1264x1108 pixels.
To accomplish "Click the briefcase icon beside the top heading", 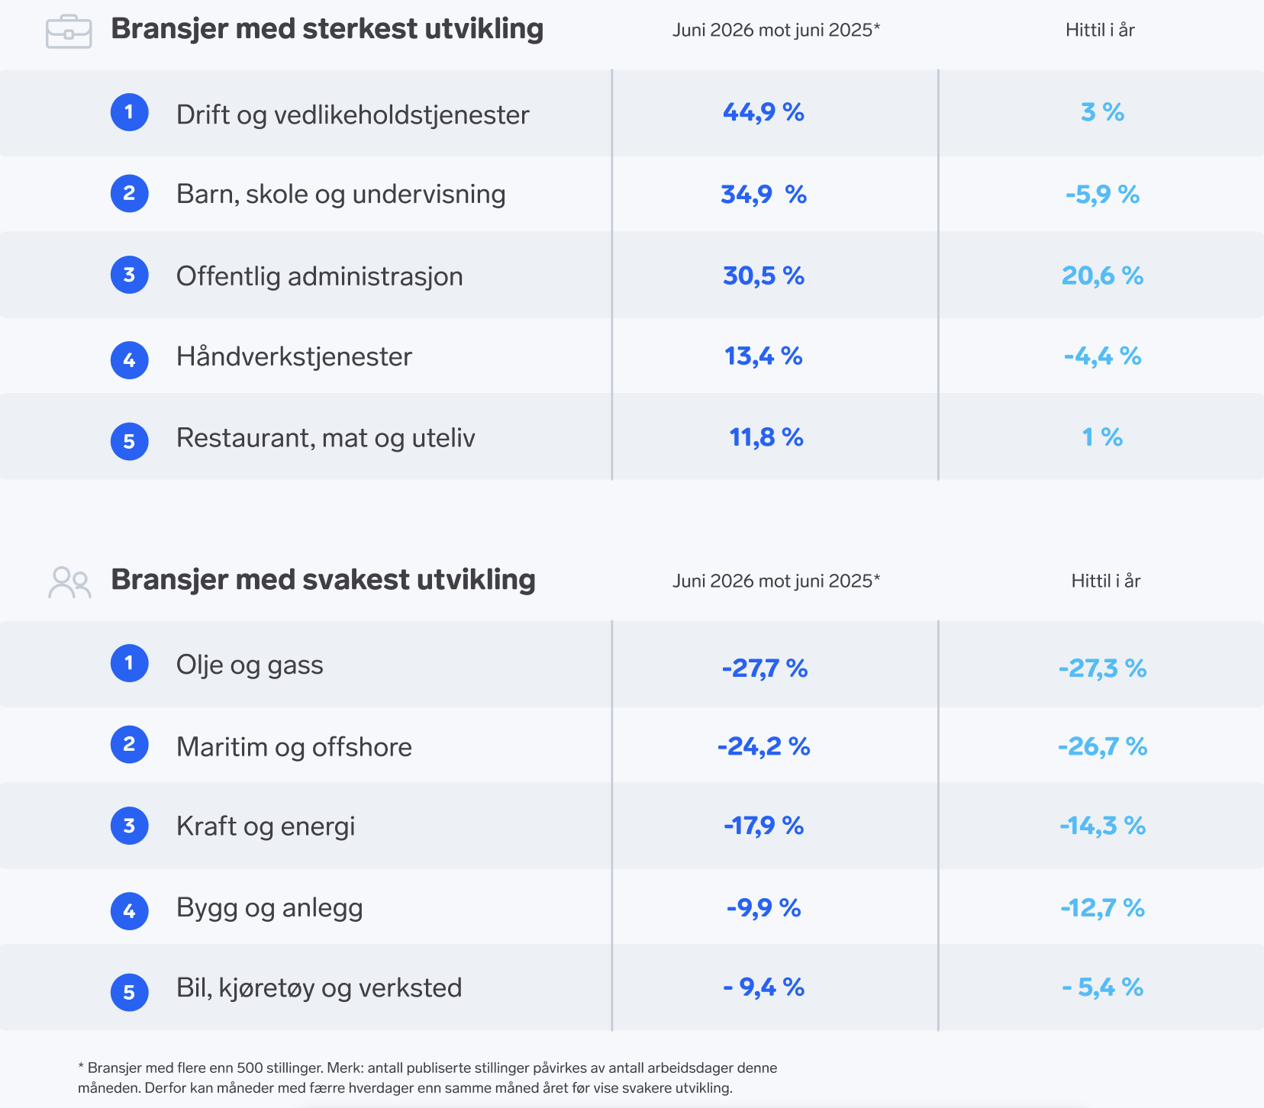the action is pos(69,32).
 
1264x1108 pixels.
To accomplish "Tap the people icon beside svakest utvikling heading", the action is pos(69,582).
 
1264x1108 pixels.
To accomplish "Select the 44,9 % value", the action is pos(763,112).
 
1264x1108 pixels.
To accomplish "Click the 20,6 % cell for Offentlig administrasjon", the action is pos(1102,275).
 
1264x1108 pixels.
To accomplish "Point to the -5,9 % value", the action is pos(1102,195).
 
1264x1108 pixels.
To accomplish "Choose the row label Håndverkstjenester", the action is pos(294,356).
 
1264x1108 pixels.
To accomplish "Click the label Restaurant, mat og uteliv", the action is pos(326,438).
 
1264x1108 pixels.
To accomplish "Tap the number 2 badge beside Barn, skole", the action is pos(130,193).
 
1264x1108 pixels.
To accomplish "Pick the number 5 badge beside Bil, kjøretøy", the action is pos(130,992).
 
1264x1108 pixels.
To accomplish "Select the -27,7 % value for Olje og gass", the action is pos(765,668).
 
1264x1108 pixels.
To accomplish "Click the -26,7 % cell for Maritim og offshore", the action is pos(1103,746).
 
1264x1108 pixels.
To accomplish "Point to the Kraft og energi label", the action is pos(266,826).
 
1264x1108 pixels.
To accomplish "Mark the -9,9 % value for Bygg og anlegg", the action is pos(763,908).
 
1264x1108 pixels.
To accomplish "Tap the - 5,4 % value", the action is pos(1103,987).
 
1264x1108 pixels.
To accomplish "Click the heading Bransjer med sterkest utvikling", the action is pos(327,29).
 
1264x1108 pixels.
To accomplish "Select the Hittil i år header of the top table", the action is pos(1100,30).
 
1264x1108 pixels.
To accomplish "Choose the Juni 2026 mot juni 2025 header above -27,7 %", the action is pos(776,581).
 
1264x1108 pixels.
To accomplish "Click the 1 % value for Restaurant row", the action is pos(1102,437).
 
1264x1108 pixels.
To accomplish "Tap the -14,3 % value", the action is pos(1103,826).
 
